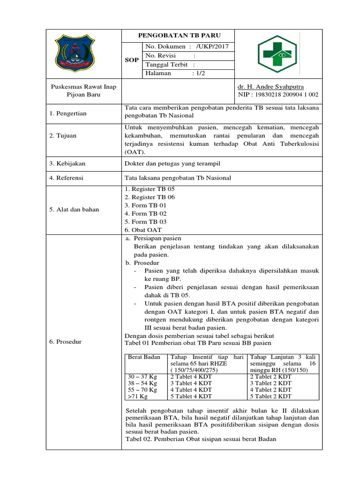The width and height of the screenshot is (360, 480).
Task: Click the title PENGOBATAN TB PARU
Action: coord(178,36)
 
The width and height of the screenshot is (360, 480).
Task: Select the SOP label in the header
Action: coord(132,60)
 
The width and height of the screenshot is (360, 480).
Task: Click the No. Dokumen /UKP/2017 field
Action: coord(187,46)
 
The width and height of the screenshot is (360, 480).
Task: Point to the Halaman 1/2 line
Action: coord(176,74)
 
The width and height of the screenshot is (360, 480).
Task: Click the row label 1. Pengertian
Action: coord(68,113)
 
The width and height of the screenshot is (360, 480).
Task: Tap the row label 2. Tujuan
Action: coord(64,135)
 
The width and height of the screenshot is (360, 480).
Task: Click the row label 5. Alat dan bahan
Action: coord(74,210)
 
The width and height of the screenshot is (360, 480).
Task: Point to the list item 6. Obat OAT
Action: coord(143,230)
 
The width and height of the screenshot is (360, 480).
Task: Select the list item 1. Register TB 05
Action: coord(149,188)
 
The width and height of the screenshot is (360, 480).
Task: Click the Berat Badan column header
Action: coord(144,357)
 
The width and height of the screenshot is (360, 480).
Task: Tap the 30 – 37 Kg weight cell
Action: coord(142,376)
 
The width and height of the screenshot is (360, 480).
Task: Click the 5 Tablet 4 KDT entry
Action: coord(191,396)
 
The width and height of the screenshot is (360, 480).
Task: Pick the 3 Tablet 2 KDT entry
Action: coord(270,383)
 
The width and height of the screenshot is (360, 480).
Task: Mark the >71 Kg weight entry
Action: coord(138,396)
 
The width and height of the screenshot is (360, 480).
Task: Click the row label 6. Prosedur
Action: coord(66,342)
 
